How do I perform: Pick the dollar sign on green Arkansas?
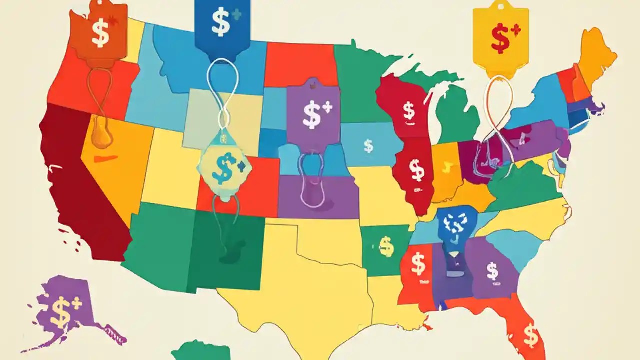pos(385,245)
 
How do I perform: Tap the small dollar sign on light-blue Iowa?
pos(368,146)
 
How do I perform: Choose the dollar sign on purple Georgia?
pos(492,271)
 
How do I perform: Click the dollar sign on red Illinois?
pos(416,170)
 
